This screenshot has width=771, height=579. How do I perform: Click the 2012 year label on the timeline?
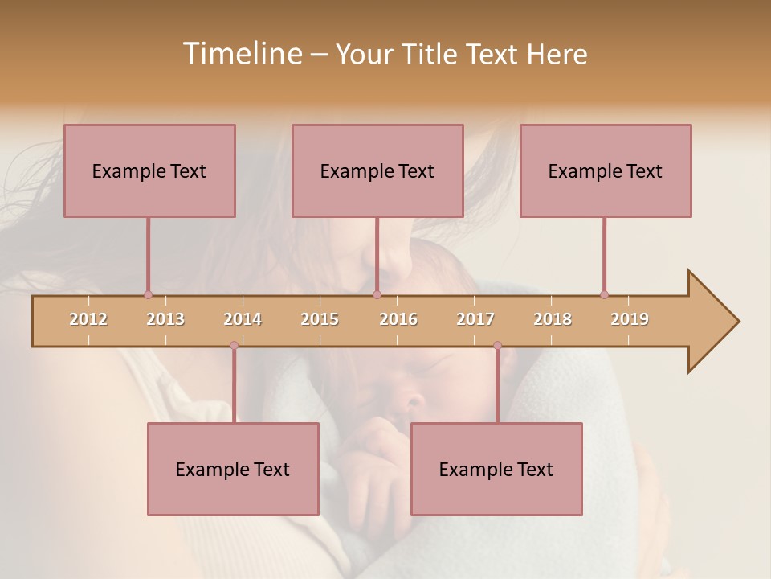88,319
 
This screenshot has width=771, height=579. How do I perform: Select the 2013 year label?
165,319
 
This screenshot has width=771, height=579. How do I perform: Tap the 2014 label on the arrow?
243,319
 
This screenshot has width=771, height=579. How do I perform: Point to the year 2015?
320,319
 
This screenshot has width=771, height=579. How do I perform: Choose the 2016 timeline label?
398,319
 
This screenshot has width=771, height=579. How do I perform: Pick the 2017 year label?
475,319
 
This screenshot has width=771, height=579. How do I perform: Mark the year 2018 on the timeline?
553,319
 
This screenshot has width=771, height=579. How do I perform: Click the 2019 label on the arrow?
630,319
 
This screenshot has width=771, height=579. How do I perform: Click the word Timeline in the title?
241,54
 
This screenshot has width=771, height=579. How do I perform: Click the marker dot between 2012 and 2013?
148,294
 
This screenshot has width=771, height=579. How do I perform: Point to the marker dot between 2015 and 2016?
377,294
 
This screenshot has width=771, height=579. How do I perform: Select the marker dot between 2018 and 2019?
604,294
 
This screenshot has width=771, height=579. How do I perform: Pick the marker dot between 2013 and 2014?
234,346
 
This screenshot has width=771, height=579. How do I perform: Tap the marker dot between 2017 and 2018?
497,346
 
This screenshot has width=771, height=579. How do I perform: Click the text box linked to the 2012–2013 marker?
149,170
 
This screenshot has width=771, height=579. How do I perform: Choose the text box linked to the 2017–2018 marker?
496,469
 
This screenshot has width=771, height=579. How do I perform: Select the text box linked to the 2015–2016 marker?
377,170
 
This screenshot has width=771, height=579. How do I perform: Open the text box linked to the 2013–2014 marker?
233,469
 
